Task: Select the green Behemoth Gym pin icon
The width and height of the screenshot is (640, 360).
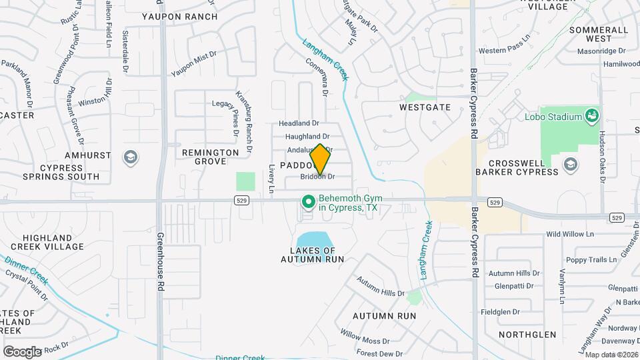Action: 308,200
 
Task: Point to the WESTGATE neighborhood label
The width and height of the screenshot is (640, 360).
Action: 425,107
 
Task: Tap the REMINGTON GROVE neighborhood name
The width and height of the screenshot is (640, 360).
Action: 211,157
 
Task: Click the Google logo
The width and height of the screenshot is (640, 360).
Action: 22,351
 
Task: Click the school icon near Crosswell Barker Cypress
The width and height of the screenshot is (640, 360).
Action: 571,163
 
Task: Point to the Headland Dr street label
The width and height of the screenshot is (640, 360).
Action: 299,123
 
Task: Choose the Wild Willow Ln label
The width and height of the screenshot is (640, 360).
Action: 569,234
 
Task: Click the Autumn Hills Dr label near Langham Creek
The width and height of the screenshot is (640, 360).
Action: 381,293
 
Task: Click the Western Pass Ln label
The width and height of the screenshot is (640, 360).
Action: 503,51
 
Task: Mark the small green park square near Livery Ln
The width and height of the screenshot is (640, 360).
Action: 245,181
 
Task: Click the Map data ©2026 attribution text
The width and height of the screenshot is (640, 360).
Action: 611,355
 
